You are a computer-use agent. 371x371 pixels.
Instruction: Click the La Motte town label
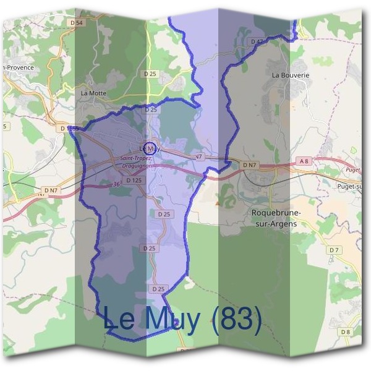click(x=93, y=93)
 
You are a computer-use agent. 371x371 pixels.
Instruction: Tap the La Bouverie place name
click(x=290, y=75)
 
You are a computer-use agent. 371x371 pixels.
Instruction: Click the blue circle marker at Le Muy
click(x=148, y=148)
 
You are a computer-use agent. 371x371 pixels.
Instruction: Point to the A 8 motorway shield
click(x=303, y=161)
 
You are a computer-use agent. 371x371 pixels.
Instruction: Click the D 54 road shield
click(x=77, y=22)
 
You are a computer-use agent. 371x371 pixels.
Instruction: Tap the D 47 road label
click(x=257, y=41)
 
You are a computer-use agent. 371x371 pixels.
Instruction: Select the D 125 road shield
click(x=134, y=181)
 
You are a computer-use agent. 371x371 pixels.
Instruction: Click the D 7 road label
click(x=335, y=250)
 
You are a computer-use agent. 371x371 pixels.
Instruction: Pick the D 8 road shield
click(x=345, y=332)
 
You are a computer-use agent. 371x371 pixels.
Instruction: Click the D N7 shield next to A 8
click(x=249, y=165)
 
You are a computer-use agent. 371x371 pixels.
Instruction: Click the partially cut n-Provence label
click(x=17, y=67)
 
